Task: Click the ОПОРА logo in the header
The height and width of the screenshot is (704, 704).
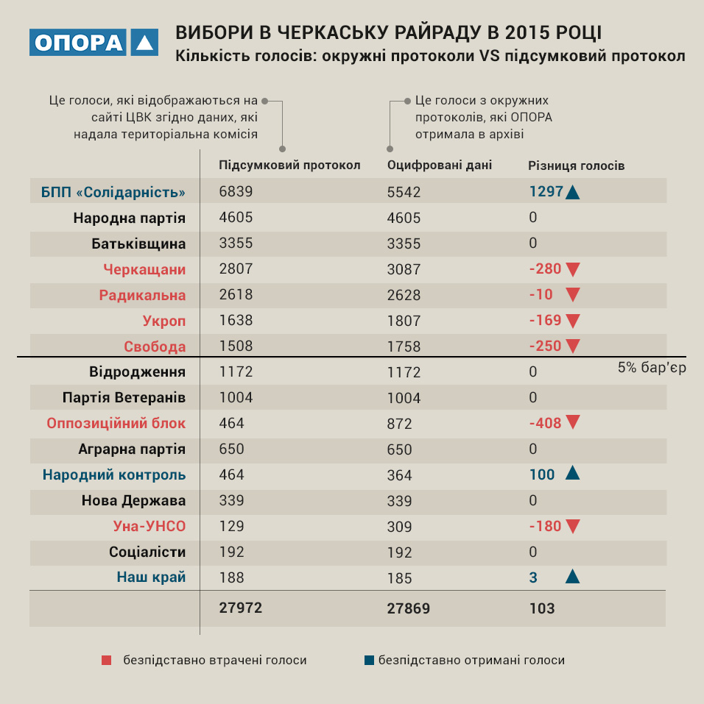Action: pyautogui.click(x=94, y=43)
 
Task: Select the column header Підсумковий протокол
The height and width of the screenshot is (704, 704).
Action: pyautogui.click(x=289, y=166)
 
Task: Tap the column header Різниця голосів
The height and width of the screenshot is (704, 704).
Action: pyautogui.click(x=577, y=166)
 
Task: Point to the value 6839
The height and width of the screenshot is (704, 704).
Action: pyautogui.click(x=236, y=192)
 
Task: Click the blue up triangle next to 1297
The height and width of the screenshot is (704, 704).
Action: pyautogui.click(x=574, y=193)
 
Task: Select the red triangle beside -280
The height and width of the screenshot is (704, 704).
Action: pyautogui.click(x=573, y=270)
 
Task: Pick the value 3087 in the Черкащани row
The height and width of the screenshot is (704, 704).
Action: pyautogui.click(x=404, y=269)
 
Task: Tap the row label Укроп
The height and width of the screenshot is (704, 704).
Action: pyautogui.click(x=164, y=321)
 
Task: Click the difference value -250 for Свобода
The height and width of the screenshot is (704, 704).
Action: pyautogui.click(x=545, y=346)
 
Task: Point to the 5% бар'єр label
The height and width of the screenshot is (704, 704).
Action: pyautogui.click(x=652, y=367)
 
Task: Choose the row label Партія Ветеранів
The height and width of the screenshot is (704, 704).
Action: pyautogui.click(x=124, y=398)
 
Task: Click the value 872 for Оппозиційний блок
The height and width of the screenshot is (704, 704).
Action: pyautogui.click(x=400, y=424)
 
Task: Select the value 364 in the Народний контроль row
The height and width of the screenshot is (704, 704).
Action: pyautogui.click(x=400, y=475)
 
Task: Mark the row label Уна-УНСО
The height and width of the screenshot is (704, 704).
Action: pyautogui.click(x=149, y=527)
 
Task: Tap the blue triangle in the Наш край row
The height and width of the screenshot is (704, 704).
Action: pyautogui.click(x=572, y=577)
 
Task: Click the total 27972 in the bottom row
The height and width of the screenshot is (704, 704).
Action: pyautogui.click(x=241, y=608)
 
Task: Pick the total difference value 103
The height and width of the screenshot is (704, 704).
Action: pyautogui.click(x=542, y=608)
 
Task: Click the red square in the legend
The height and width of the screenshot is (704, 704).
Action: pyautogui.click(x=107, y=661)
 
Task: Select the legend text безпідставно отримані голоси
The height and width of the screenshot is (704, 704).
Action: pyautogui.click(x=471, y=661)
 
